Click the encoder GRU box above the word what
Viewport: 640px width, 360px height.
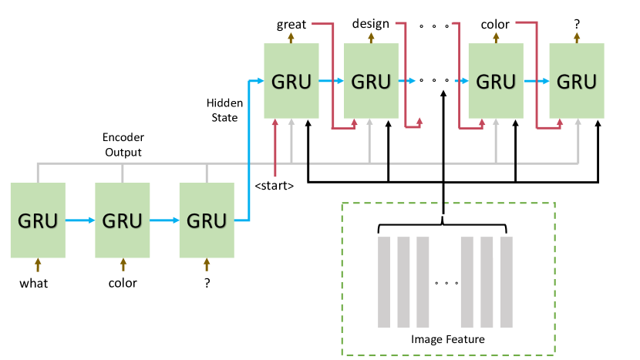[x=38, y=220]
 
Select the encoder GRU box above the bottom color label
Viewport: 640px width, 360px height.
[x=122, y=220]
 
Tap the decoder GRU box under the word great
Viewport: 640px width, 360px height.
[x=291, y=80]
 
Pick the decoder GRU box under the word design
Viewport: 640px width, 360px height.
[x=371, y=80]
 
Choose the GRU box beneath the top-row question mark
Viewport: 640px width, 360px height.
[x=577, y=80]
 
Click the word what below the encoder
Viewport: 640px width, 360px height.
[x=34, y=283]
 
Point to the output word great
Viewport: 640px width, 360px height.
[x=291, y=25]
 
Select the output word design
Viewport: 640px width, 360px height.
[x=371, y=25]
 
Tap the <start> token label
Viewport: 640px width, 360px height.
[x=275, y=185]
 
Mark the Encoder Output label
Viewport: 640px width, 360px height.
[x=123, y=145]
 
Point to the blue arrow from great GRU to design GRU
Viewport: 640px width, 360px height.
[x=331, y=80]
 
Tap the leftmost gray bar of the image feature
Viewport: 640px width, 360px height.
[x=384, y=281]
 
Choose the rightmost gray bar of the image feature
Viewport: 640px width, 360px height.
[x=506, y=281]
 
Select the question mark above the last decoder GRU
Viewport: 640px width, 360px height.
[x=577, y=25]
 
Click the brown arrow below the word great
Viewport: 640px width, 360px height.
[x=291, y=37]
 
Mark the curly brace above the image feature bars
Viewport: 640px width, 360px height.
[x=444, y=227]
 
